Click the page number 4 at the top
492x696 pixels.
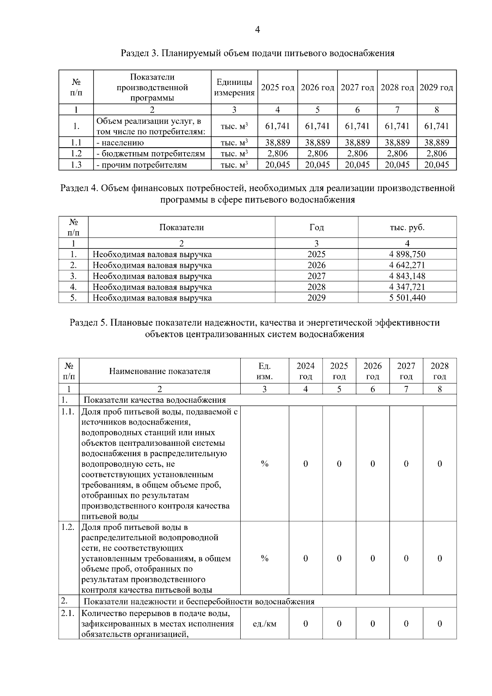[x=257, y=30]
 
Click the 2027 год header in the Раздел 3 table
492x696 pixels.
[x=357, y=87]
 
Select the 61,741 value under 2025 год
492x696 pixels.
[x=278, y=126]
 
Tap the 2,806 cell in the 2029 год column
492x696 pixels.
[x=437, y=153]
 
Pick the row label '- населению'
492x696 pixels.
[x=120, y=143]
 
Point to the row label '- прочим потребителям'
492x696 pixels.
[x=141, y=165]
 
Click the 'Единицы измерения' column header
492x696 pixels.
[x=234, y=87]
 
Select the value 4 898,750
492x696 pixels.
[x=407, y=254]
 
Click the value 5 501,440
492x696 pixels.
[x=407, y=298]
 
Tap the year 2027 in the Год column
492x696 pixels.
[x=317, y=276]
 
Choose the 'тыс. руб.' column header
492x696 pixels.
[x=407, y=227]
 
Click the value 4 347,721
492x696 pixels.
[x=407, y=287]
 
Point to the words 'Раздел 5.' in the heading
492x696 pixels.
[x=88, y=323]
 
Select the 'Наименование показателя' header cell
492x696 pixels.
[x=159, y=371]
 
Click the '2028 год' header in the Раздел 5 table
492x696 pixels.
[x=440, y=371]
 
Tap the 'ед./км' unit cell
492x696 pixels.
[x=264, y=624]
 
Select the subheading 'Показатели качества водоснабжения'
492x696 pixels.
[x=155, y=400]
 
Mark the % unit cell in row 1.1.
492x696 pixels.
[x=264, y=464]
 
